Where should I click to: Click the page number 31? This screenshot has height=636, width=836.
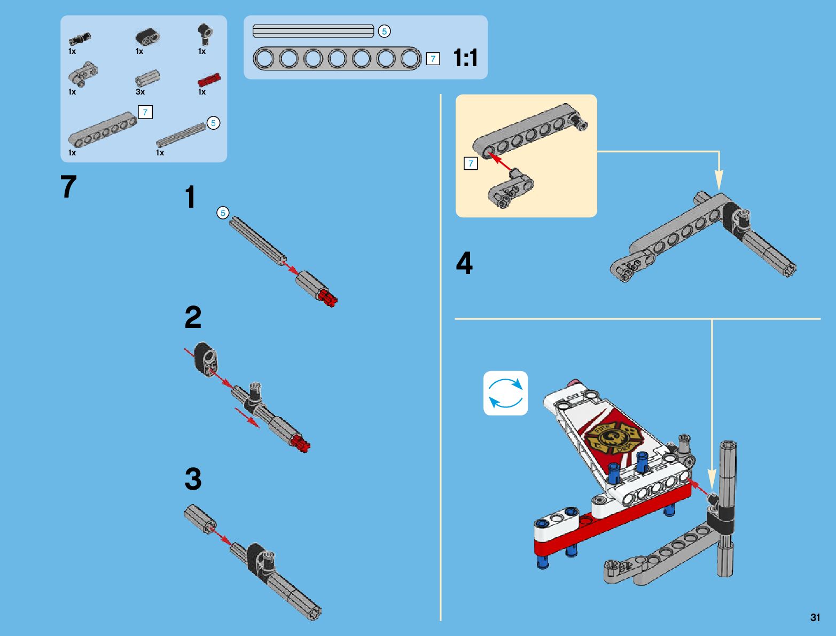point(815,617)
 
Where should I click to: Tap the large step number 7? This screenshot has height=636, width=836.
point(68,187)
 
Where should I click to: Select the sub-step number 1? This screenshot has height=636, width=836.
point(190,198)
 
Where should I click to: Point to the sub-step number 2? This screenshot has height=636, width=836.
point(193,317)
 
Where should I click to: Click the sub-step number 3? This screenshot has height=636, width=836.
point(193,479)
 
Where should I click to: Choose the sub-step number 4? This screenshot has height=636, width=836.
point(464,264)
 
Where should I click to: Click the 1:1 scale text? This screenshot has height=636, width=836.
point(465,58)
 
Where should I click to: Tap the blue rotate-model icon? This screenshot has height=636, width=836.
point(505,393)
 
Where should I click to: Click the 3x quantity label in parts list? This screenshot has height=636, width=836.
point(140,92)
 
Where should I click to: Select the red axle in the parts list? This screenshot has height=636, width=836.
point(209,80)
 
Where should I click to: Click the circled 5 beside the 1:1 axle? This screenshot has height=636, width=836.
point(384,32)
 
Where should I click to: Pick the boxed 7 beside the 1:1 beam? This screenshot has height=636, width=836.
point(433,59)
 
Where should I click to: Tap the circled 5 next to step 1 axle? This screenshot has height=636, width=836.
point(222,213)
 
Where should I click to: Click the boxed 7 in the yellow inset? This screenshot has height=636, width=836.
point(471,163)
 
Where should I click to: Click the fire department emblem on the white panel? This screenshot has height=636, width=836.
point(613,437)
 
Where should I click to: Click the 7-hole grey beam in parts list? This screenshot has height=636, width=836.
point(102,129)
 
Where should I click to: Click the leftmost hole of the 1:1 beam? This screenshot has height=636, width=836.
point(264,58)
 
